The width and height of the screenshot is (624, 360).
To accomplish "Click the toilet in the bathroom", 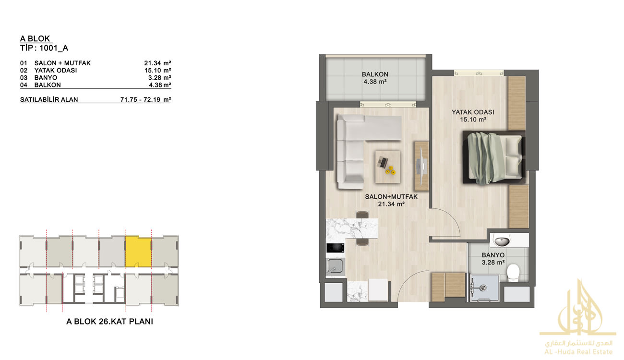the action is [513, 273].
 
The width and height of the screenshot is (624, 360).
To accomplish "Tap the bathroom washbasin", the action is [502, 241].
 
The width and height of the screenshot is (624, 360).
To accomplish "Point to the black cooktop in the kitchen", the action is [335, 248].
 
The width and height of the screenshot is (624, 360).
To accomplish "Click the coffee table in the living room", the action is [388, 167].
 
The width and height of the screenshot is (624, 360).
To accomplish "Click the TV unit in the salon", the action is [421, 166].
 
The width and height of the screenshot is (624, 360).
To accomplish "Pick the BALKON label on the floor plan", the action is [375, 74].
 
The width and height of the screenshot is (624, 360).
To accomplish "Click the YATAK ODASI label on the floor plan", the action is [473, 112].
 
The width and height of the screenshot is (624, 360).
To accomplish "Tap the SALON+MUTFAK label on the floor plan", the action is [391, 197].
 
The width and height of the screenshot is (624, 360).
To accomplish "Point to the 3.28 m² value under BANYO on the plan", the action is [493, 263].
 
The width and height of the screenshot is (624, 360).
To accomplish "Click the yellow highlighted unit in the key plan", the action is [138, 252].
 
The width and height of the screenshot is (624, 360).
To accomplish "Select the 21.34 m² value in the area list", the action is [157, 63].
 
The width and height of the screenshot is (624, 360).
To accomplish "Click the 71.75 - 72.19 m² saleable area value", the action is [146, 99].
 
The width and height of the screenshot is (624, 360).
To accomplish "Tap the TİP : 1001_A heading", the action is [44, 48].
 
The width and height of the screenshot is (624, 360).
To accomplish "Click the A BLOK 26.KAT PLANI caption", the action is [110, 322].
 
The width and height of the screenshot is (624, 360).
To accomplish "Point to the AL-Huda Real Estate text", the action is [578, 352].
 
